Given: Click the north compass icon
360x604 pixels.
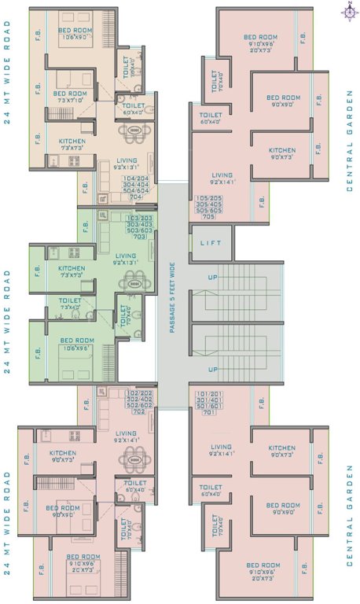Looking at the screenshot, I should pos(347,11).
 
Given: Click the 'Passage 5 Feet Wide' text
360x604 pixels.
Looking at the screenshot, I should pos(172,293).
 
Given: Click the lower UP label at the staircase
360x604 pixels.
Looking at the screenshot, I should pos(212,369).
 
